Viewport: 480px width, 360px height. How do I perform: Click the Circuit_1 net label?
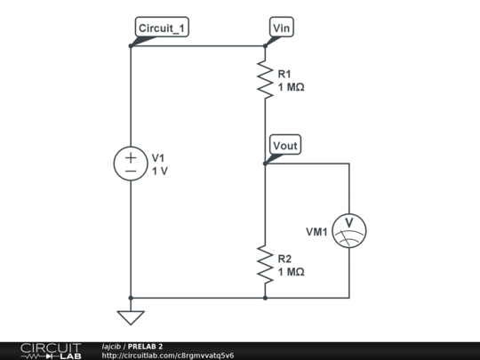pyautogui.click(x=162, y=28)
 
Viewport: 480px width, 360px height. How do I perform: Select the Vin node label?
pyautogui.click(x=282, y=28)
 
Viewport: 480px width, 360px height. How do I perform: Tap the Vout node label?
pyautogui.click(x=285, y=146)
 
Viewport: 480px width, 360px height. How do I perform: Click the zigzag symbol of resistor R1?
pyautogui.click(x=265, y=80)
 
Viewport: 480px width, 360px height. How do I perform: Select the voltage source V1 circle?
pyautogui.click(x=131, y=164)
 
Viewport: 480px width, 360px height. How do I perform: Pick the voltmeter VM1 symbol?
pyautogui.click(x=348, y=230)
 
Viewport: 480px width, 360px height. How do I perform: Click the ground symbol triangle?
pyautogui.click(x=131, y=316)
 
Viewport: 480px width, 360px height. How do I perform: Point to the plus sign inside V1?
pyautogui.click(x=131, y=156)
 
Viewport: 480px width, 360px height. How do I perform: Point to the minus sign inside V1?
pyautogui.click(x=131, y=171)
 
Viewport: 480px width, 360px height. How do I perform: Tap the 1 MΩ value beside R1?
pyautogui.click(x=292, y=87)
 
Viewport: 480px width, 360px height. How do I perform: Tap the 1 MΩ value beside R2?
pyautogui.click(x=292, y=272)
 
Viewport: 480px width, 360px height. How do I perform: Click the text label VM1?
pyautogui.click(x=317, y=232)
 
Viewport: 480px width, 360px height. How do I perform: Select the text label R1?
pyautogui.click(x=284, y=75)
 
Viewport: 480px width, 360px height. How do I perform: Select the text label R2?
pyautogui.click(x=284, y=259)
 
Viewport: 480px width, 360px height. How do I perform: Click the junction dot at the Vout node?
pyautogui.click(x=265, y=164)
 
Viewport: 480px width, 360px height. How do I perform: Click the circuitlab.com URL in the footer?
pyautogui.click(x=168, y=356)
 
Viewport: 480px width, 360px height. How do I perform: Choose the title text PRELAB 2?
pyautogui.click(x=145, y=346)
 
